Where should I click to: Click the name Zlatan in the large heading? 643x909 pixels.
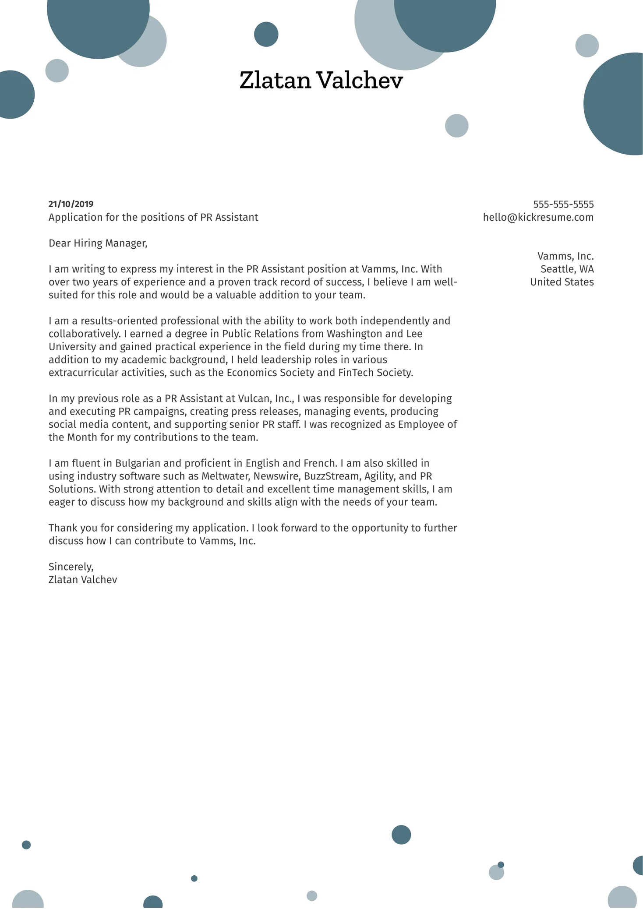275,81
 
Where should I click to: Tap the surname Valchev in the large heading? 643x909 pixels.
359,81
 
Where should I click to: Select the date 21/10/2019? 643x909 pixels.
71,204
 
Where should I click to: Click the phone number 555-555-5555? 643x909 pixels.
563,204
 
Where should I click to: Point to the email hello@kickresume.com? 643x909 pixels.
538,218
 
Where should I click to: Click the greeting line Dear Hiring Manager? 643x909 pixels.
98,243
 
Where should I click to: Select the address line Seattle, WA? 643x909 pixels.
567,269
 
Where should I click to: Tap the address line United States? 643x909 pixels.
562,282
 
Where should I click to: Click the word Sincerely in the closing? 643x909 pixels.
71,567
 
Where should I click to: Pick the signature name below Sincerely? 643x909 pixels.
83,580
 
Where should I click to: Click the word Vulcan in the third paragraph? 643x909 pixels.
254,398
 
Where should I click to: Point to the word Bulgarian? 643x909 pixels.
138,463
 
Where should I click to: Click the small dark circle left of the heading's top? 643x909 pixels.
266,34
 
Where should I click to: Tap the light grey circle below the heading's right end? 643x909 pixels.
456,126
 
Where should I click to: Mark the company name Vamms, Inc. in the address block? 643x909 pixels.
565,256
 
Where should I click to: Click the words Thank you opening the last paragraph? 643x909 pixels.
73,528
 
